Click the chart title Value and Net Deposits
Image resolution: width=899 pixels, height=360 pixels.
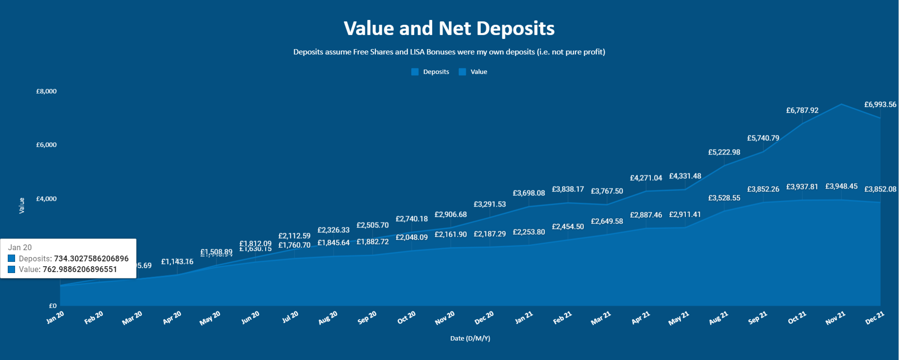tap(449, 29)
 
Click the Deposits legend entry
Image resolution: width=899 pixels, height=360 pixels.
tap(430, 72)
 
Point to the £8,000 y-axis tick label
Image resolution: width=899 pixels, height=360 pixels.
tap(47, 91)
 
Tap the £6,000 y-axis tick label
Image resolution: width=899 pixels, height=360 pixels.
tap(47, 145)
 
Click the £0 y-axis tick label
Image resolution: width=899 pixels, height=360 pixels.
tap(52, 306)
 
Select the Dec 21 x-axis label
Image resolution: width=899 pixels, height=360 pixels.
tap(875, 318)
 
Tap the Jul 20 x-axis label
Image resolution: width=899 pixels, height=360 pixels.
tap(290, 317)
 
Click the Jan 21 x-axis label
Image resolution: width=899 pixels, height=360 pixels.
tap(524, 318)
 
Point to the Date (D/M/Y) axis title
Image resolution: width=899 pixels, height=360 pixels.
tap(470, 338)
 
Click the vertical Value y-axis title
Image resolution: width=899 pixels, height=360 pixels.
tap(21, 206)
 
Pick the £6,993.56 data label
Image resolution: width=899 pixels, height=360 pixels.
tap(880, 104)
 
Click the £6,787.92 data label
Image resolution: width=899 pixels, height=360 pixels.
tap(802, 110)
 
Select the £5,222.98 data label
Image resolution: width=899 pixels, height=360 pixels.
tap(724, 152)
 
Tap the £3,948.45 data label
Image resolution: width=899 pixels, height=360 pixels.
tap(841, 187)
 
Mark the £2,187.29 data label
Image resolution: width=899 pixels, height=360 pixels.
tap(490, 234)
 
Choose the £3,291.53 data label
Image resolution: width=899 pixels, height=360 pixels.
tap(490, 204)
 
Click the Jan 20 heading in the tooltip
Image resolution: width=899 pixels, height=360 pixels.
tap(20, 247)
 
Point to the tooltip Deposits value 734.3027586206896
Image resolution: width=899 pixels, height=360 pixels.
tap(91, 258)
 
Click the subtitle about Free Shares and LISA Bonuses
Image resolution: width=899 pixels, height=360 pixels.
tap(449, 52)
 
